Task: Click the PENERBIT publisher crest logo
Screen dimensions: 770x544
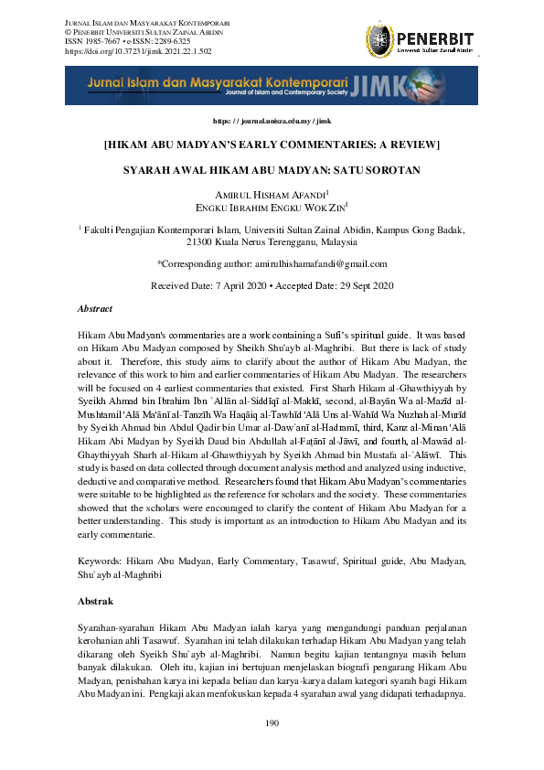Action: (x=380, y=39)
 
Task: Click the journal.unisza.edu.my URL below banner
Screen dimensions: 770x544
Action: (x=272, y=121)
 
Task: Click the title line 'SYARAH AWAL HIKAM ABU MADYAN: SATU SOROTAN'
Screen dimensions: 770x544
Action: (x=272, y=170)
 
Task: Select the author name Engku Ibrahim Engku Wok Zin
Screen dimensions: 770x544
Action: (x=272, y=208)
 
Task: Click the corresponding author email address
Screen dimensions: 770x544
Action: (x=320, y=263)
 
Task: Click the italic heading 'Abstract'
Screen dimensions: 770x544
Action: (x=95, y=309)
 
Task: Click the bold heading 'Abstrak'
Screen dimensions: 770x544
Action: (x=95, y=602)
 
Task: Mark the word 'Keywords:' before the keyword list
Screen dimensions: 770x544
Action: (x=99, y=557)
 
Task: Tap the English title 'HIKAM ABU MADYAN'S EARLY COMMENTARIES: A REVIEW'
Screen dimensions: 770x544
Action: (x=272, y=144)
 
